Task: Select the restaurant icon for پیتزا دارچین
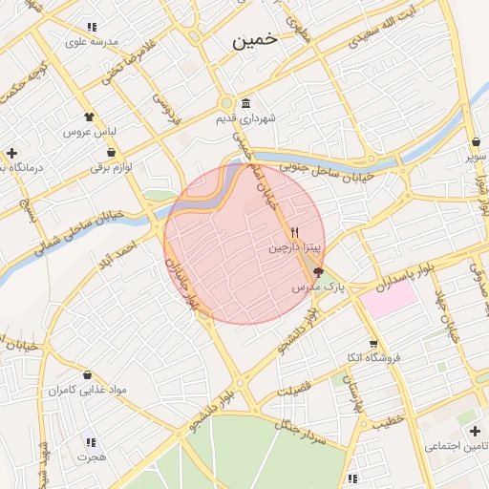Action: (295, 232)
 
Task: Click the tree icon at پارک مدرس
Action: (318, 272)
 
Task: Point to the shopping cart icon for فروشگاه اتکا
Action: (372, 344)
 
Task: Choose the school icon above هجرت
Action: (91, 442)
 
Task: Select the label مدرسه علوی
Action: (91, 41)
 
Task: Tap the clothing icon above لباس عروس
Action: (90, 117)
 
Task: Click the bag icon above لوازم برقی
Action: (112, 152)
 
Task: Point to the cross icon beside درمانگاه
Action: (11, 153)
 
